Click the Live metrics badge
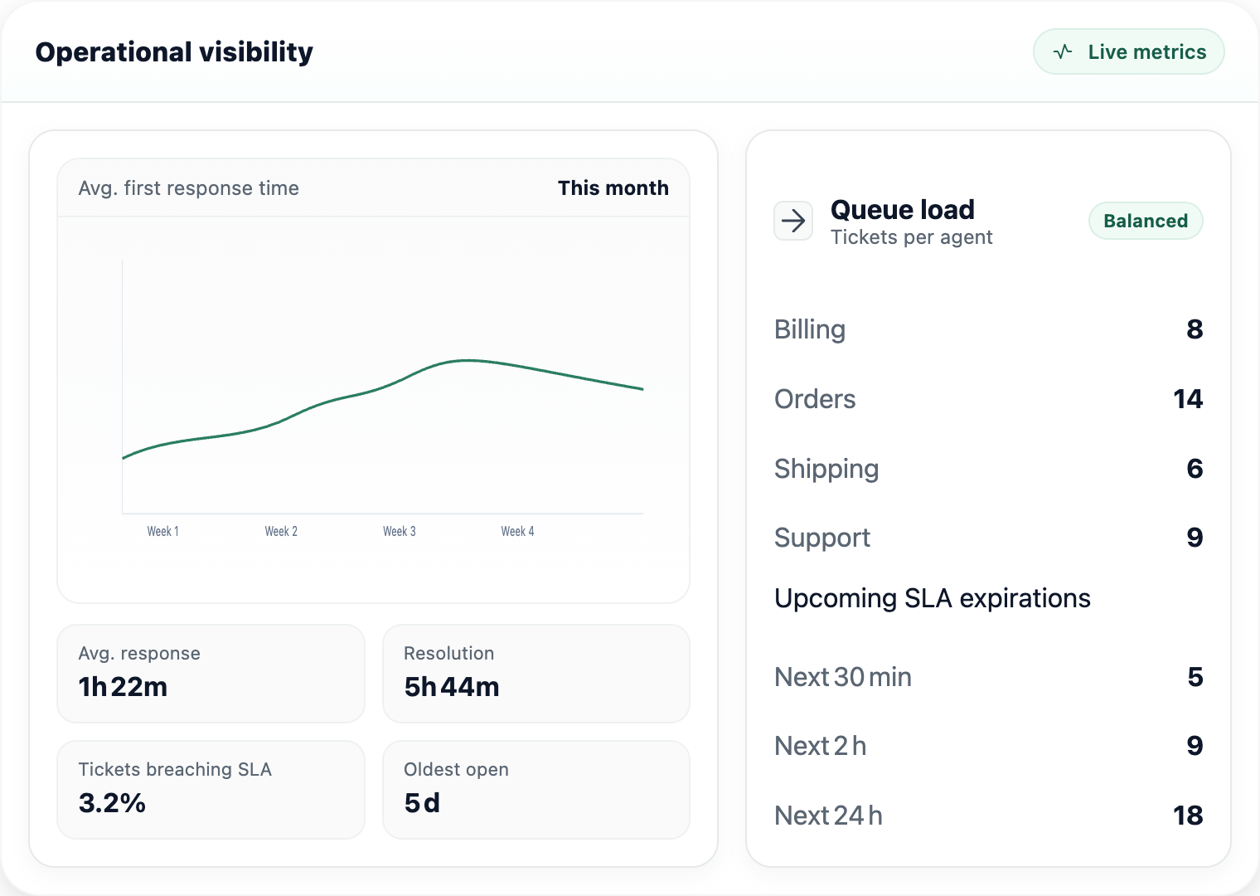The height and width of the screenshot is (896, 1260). click(1128, 51)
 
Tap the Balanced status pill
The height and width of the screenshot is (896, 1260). click(1145, 221)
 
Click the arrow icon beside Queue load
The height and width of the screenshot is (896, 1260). click(793, 221)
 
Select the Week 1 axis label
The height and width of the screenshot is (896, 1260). click(162, 531)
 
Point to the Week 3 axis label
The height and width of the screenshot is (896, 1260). click(399, 531)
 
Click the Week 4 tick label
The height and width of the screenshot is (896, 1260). click(517, 531)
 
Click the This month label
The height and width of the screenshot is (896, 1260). click(613, 188)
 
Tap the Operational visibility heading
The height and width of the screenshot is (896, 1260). click(174, 52)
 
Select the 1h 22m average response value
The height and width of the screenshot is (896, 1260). click(123, 687)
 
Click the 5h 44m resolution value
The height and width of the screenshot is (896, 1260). click(451, 687)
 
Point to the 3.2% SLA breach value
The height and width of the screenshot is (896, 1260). click(112, 803)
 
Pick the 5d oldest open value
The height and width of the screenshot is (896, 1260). click(422, 803)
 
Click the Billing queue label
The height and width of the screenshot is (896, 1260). click(809, 329)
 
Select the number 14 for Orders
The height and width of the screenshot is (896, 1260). click(1187, 399)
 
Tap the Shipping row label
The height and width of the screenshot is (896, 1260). click(826, 469)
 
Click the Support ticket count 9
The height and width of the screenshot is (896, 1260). click(1194, 538)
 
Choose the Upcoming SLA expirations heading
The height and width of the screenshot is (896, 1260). click(932, 598)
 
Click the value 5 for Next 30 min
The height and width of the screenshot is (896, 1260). click(1195, 677)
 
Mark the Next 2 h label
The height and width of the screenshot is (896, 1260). click(820, 746)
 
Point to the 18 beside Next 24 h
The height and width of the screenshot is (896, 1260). click(1187, 816)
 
